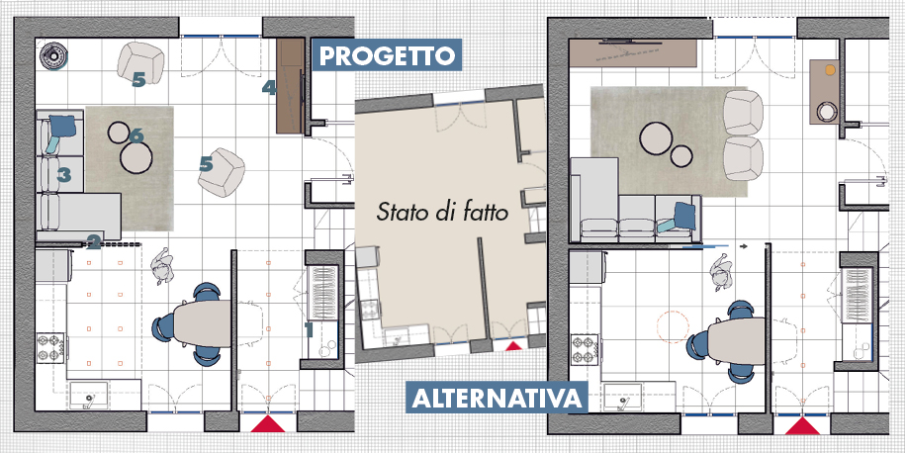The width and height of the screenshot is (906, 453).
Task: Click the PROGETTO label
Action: (387, 55)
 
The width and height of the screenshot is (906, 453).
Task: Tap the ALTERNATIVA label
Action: (497, 399)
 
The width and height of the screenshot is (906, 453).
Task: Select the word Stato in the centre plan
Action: (396, 212)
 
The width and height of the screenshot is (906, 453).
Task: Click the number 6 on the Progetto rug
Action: (136, 136)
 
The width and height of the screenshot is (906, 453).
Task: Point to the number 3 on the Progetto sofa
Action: (63, 174)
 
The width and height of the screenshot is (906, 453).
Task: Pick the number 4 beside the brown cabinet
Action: (269, 88)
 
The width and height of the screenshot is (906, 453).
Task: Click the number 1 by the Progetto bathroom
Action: (309, 330)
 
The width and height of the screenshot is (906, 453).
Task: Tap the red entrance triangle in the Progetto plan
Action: (268, 423)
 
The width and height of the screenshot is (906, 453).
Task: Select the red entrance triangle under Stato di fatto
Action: (512, 346)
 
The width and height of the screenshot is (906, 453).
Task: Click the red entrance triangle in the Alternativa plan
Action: (802, 426)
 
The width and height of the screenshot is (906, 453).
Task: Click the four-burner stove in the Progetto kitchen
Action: (51, 348)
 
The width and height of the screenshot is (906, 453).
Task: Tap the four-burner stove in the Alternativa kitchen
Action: (585, 350)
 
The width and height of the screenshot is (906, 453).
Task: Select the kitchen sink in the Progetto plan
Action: (89, 396)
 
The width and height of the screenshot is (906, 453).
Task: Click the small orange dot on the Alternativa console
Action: (830, 70)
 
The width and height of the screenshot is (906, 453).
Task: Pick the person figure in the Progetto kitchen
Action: (162, 266)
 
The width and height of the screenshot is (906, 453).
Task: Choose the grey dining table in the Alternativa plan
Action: (737, 341)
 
